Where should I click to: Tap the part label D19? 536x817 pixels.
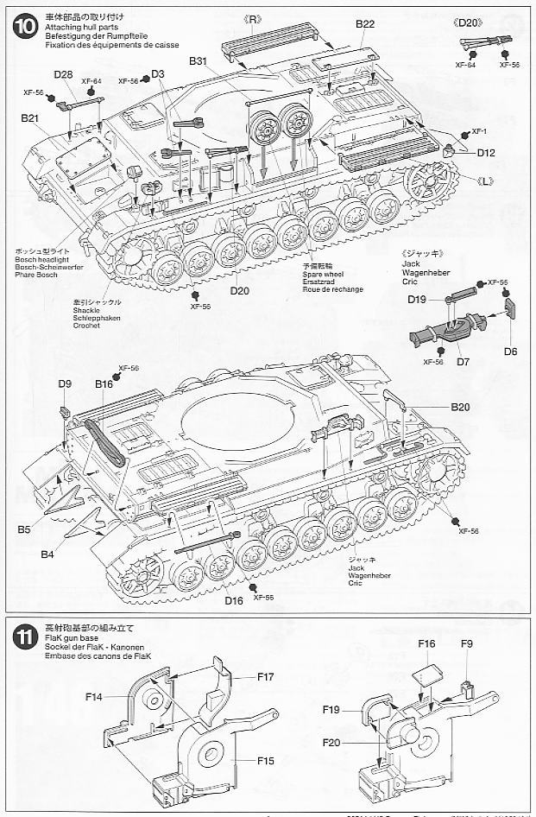(420, 299)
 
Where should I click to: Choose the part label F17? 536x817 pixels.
(265, 676)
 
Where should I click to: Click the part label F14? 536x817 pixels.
(94, 696)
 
